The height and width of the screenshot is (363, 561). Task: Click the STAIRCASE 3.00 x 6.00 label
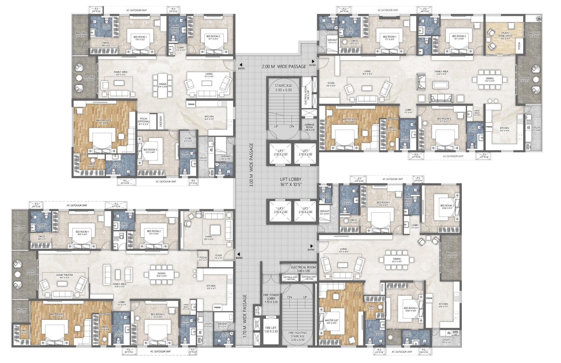pyautogui.click(x=283, y=88)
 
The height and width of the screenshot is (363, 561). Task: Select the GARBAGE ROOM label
pyautogui.click(x=309, y=127)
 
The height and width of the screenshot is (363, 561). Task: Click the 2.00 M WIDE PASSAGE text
pyautogui.click(x=284, y=66)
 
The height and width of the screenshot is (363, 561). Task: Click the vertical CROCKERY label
pyautogui.click(x=161, y=121)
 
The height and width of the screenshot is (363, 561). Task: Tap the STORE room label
pyautogui.click(x=188, y=139)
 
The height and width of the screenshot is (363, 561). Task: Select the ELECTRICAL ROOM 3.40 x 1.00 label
pyautogui.click(x=303, y=269)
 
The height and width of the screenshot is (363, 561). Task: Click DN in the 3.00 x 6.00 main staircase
pyautogui.click(x=291, y=127)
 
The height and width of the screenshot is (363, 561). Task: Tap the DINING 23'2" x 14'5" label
pyautogui.click(x=396, y=260)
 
